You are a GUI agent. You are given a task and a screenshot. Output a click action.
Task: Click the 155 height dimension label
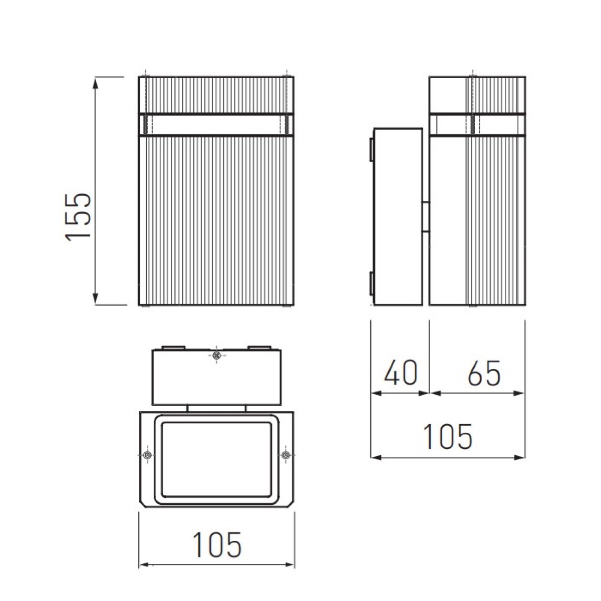point(78,217)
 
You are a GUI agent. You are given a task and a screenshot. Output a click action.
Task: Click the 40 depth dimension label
point(401,373)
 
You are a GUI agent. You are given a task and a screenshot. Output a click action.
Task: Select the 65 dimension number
point(484,373)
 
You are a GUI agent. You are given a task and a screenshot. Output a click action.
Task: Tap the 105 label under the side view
point(448,437)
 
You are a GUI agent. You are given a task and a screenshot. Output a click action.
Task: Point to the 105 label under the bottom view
point(217,545)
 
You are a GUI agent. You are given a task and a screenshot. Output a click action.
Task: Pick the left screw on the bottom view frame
point(148,456)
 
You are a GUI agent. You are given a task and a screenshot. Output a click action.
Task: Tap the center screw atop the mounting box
point(216,355)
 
